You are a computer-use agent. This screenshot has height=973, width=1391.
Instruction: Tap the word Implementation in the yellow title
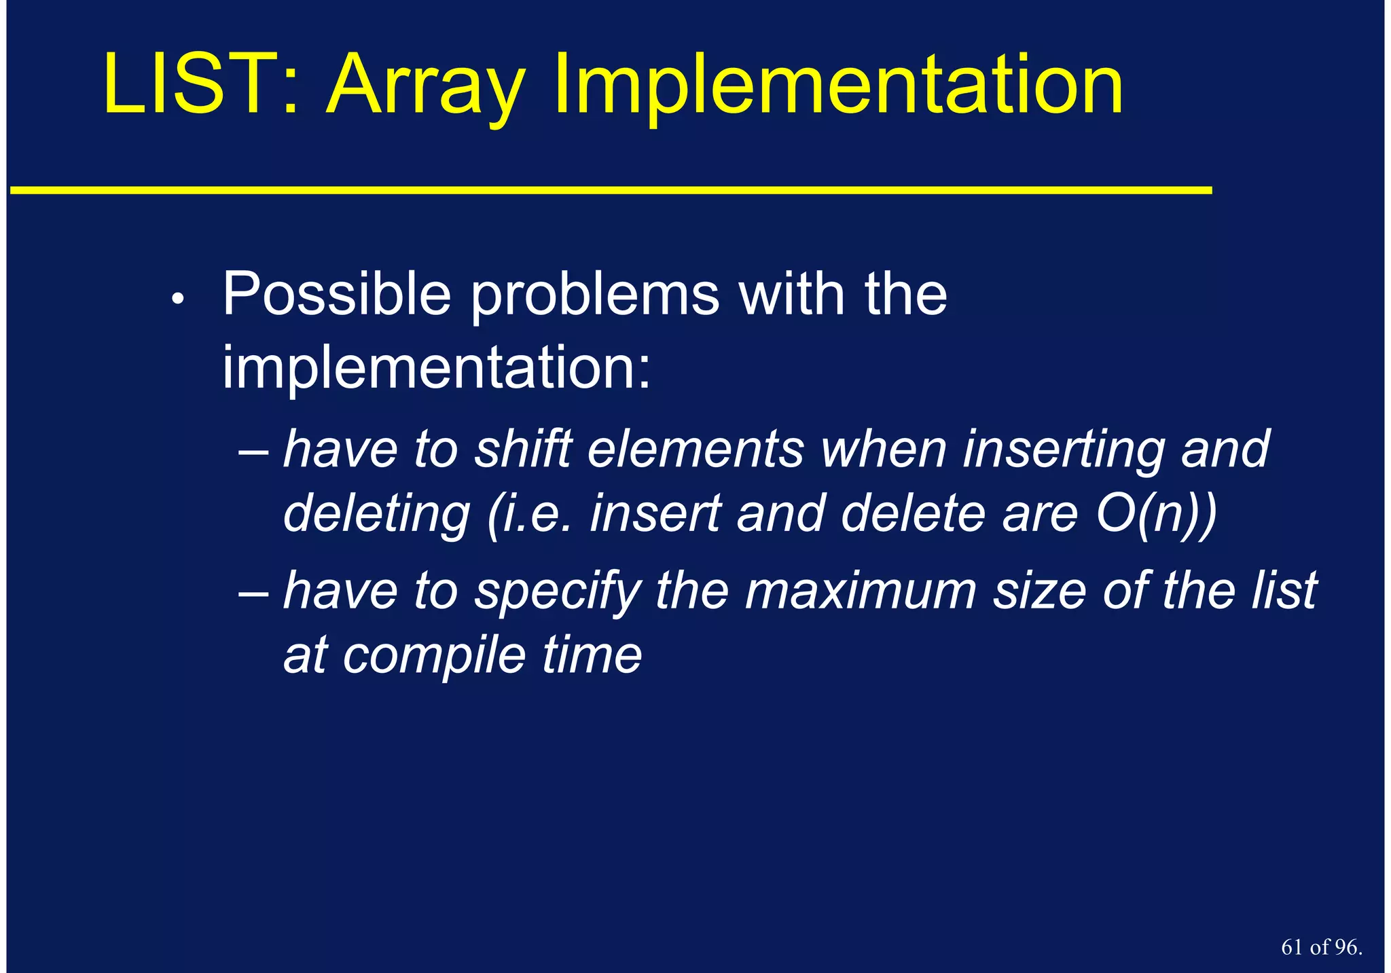[838, 88]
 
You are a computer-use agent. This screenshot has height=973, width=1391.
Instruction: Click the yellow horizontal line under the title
[611, 191]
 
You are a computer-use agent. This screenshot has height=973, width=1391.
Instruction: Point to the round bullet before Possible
[177, 299]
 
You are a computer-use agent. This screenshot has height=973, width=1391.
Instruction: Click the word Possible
[337, 295]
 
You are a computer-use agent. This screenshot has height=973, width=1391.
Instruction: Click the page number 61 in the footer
[1293, 947]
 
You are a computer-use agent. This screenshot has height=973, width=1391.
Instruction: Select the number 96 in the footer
[1345, 947]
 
